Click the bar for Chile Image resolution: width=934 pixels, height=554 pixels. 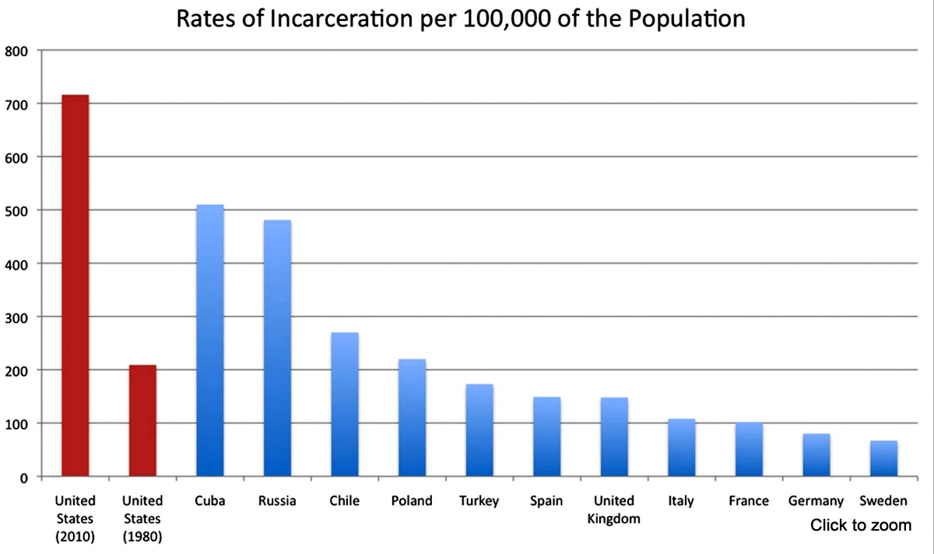[345, 404]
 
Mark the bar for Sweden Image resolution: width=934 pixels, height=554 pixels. [883, 458]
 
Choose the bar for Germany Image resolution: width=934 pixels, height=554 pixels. [816, 454]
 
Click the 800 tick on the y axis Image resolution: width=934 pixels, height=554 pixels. [16, 51]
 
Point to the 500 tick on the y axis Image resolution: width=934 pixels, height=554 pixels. [16, 211]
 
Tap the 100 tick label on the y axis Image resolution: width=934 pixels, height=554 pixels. [16, 424]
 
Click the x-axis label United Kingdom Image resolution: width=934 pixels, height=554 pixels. [614, 510]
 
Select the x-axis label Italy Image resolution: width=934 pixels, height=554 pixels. [681, 501]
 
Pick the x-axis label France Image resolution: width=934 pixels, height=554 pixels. [749, 501]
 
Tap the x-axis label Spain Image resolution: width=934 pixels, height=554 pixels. [546, 501]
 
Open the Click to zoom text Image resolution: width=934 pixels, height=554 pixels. [861, 525]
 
